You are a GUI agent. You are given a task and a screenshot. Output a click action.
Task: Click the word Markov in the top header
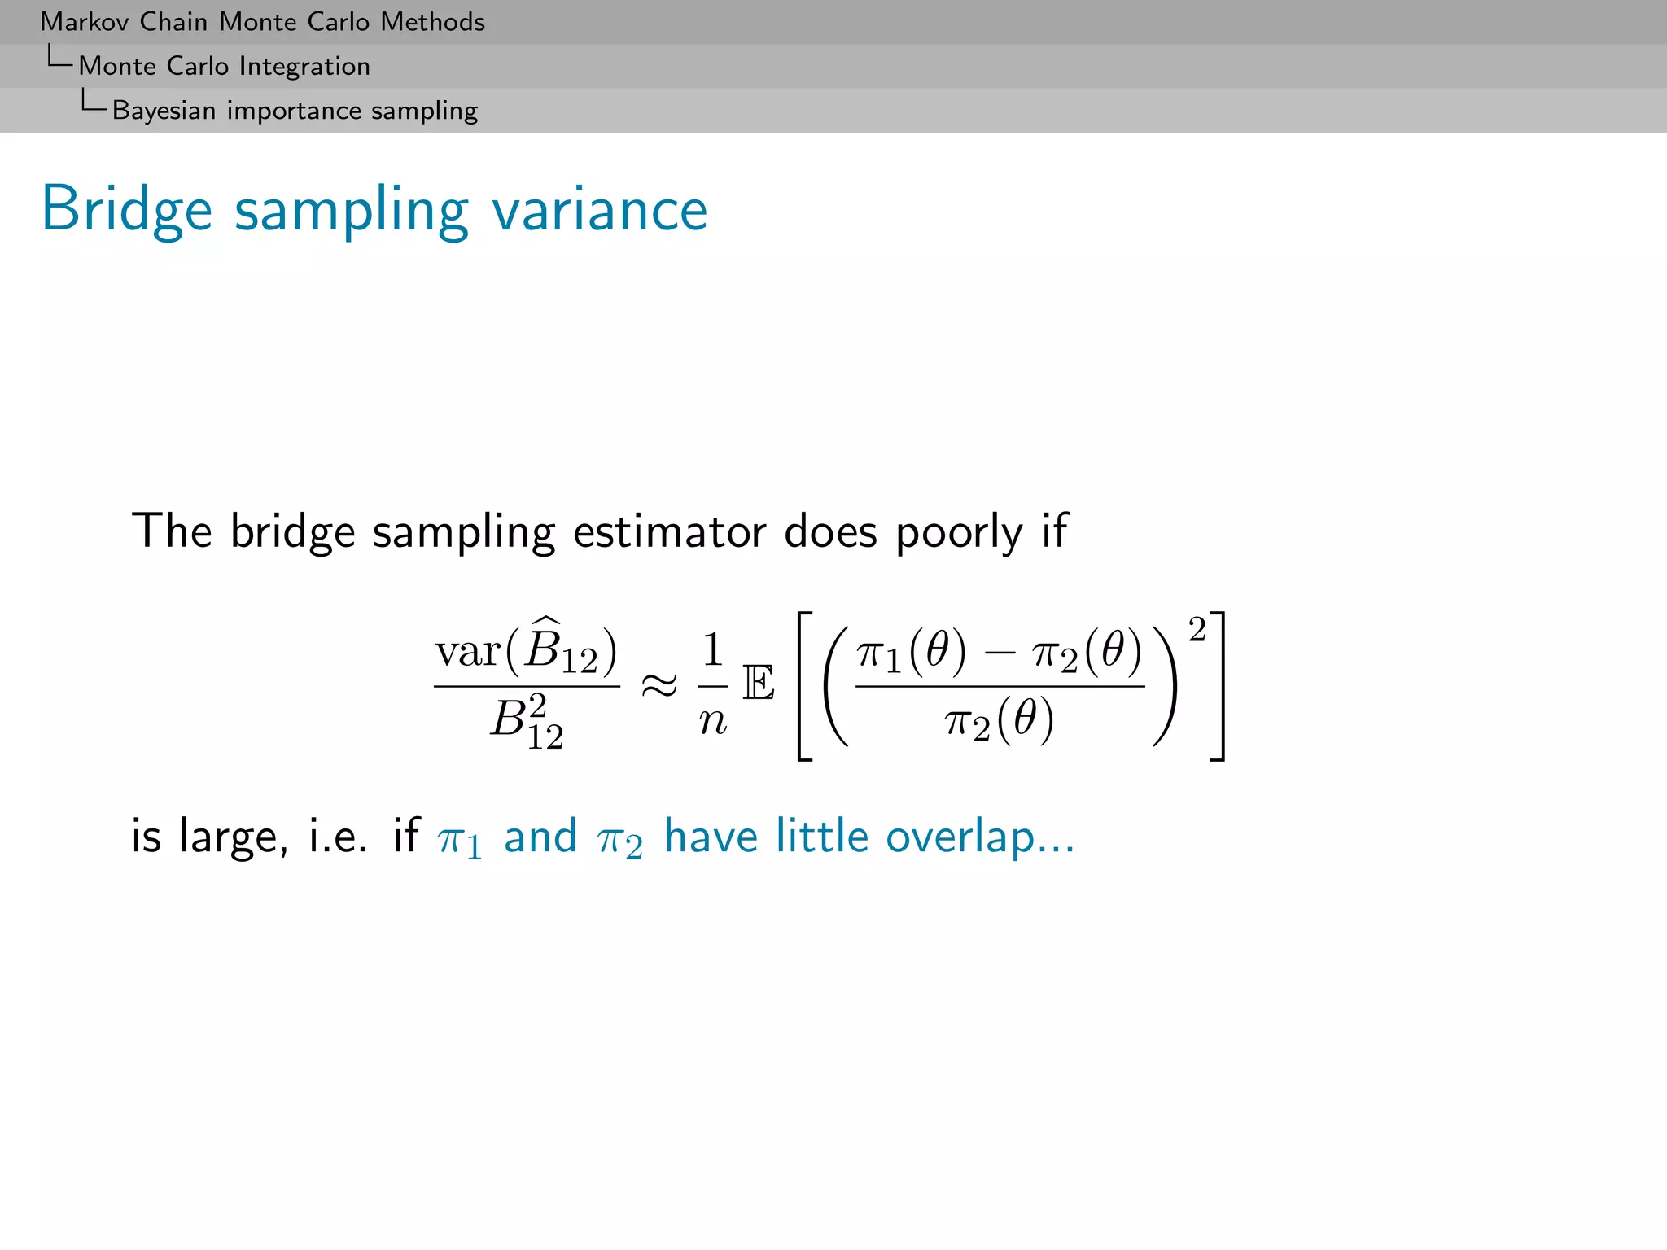point(85,22)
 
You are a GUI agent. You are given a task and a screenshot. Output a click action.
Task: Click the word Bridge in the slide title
point(127,210)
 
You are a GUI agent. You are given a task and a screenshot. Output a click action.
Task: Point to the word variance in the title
point(600,210)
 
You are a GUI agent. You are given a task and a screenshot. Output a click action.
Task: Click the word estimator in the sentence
point(669,532)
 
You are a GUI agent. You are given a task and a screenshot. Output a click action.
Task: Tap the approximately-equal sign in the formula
point(659,686)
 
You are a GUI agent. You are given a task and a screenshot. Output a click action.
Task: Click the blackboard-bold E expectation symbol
point(759,683)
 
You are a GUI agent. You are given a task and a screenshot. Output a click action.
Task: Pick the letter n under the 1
point(713,721)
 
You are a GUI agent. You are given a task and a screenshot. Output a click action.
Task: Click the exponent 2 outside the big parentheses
point(1197,629)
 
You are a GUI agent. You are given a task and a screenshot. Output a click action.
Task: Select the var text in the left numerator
point(467,652)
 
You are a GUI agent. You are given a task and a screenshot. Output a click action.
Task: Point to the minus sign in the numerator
point(999,653)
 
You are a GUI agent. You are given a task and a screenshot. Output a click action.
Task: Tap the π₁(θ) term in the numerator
point(912,653)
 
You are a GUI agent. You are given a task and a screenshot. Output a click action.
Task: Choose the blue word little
point(822,836)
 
